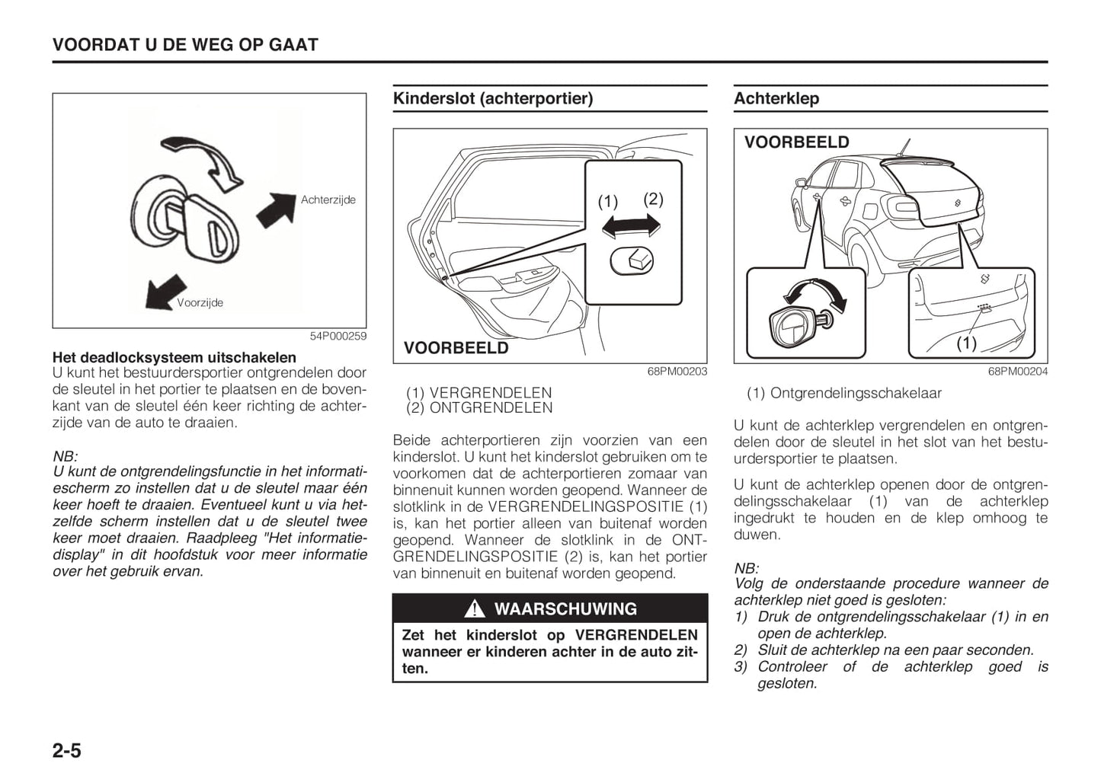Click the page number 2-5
coord(67,751)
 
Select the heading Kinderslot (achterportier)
coord(492,98)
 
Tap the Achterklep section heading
coord(776,98)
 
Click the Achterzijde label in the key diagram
coord(328,200)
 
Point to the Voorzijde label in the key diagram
coord(200,302)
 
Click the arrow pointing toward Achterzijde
coord(276,210)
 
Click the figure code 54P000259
coord(338,336)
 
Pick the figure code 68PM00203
coord(677,372)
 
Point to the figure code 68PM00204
coord(1018,372)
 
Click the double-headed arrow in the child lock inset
coord(631,226)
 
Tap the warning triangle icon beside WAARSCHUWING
coord(474,609)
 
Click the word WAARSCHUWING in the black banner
coord(565,609)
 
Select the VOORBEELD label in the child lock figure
coord(456,348)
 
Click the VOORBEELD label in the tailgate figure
coord(796,142)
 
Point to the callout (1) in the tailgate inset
coord(966,343)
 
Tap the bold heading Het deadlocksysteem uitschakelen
coord(174,357)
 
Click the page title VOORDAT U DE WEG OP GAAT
coord(185,45)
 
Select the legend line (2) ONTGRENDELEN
coord(479,408)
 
